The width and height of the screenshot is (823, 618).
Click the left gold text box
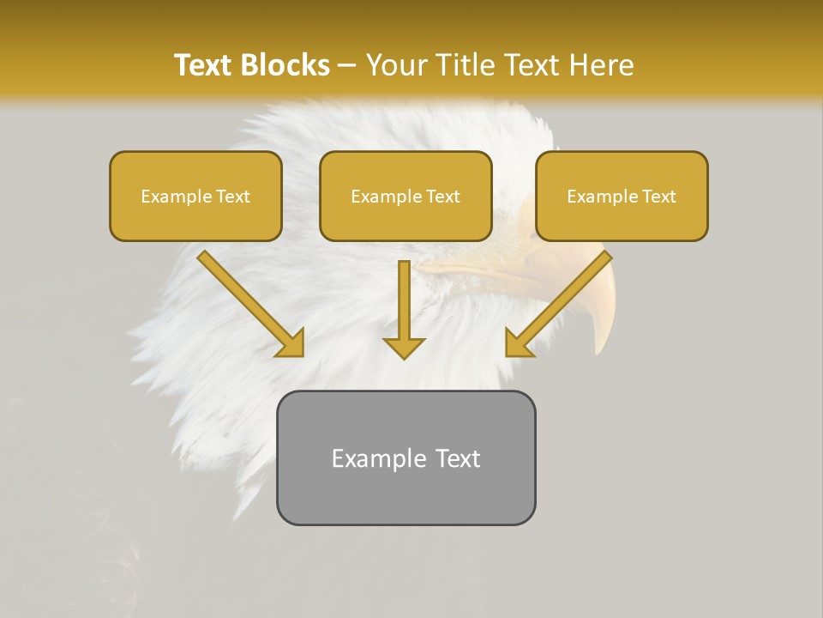(x=195, y=196)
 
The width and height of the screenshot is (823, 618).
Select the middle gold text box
(x=405, y=196)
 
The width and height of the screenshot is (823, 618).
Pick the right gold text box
(x=622, y=196)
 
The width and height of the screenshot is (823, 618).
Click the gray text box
(x=405, y=457)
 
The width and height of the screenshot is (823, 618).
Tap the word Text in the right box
(x=659, y=197)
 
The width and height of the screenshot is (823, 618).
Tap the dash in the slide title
(x=347, y=65)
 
